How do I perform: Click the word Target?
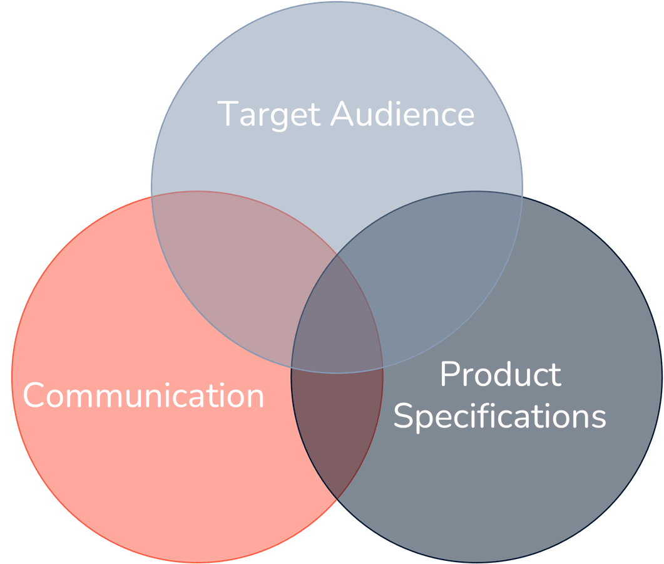coord(270,115)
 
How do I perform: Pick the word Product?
coord(500,375)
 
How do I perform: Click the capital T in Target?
coord(228,114)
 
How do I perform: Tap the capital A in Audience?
coord(342,114)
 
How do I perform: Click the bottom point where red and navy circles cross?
coord(337,499)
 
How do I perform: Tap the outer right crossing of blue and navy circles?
coord(522,194)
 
